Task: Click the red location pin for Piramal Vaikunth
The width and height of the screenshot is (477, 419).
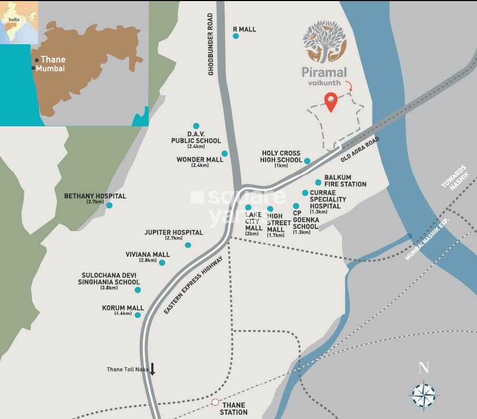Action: (330, 101)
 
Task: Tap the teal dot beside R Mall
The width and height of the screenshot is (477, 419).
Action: (236, 36)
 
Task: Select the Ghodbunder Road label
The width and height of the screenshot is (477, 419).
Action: (211, 44)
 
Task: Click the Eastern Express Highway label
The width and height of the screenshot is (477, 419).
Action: (194, 285)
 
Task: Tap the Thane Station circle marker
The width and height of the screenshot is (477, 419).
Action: (215, 402)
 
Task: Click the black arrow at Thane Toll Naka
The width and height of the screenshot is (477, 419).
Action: (153, 368)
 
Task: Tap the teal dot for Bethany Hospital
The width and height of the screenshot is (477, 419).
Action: (109, 205)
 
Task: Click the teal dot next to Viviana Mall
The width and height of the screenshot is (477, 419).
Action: (162, 263)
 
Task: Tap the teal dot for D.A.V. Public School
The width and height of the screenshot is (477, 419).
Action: (196, 126)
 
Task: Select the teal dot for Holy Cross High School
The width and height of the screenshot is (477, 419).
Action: (307, 161)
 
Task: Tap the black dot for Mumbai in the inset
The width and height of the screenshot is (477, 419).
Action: (33, 68)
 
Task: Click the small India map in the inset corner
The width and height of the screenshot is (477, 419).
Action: (19, 22)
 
